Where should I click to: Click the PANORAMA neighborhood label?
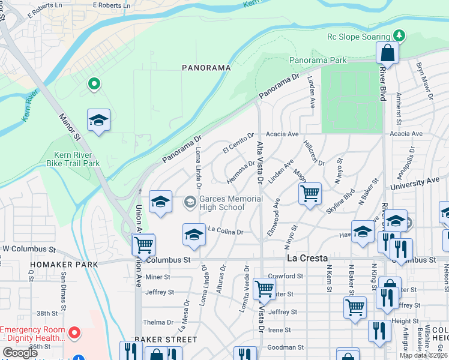click(x=206, y=68)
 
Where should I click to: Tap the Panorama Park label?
click(x=318, y=61)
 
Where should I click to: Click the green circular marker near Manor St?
click(x=94, y=85)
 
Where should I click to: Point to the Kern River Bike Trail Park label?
click(x=73, y=158)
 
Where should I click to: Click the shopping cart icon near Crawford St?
click(x=264, y=289)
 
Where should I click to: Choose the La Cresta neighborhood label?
click(x=307, y=258)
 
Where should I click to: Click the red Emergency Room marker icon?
click(x=74, y=332)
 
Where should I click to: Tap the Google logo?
click(x=20, y=353)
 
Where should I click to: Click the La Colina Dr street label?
click(x=225, y=230)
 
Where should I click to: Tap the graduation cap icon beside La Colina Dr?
click(x=194, y=235)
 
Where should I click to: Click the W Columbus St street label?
click(x=29, y=248)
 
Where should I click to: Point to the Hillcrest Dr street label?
click(x=313, y=154)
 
